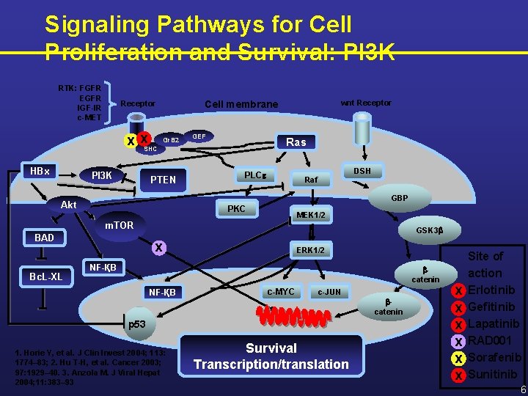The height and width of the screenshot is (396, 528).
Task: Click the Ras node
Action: pos(296,142)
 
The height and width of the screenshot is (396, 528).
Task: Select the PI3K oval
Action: pos(101,175)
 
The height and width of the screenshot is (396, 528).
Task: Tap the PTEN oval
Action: pos(163,180)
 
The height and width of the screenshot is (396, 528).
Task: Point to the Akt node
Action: pos(68,205)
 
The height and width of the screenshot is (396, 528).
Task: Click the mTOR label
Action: pos(119,225)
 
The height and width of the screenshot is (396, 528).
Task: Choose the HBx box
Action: pos(40,171)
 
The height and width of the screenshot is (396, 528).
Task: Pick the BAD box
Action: pos(44,238)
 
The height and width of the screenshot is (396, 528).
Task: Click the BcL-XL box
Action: pos(45,276)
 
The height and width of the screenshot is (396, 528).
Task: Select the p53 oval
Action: pos(137,323)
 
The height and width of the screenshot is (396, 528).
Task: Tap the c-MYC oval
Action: pos(280,292)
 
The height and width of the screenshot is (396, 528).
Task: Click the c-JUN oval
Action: pos(329,292)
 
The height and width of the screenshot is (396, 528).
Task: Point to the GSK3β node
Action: pos(429,230)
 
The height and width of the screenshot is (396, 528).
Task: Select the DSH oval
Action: pos(362,171)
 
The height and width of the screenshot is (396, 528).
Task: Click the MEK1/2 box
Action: pos(311,215)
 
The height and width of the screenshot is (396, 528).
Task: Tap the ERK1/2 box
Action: pos(310,250)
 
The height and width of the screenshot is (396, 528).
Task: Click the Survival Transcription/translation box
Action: pos(271,356)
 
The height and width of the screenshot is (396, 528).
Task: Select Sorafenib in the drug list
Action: pos(494,358)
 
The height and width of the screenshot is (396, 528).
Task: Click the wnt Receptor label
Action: pos(367,103)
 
